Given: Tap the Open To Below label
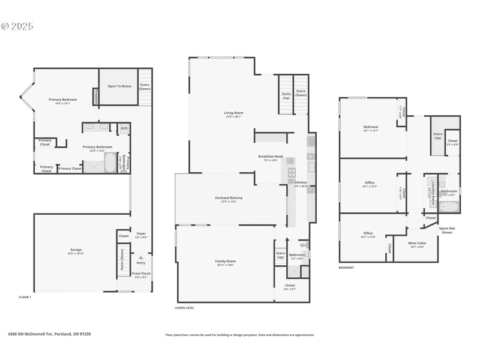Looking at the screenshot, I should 119,86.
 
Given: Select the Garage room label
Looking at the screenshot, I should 76,250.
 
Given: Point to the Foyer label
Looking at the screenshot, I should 142,234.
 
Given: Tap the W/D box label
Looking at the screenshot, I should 124,128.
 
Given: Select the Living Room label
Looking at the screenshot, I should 233,113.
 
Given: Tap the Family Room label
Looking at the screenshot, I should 225,262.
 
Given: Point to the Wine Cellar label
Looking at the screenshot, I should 416,244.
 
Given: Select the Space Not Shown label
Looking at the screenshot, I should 446,230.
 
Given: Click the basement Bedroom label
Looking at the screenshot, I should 371,127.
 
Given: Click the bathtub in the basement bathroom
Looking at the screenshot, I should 448,208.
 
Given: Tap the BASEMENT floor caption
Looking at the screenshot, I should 346,268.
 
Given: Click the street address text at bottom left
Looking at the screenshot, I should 49,334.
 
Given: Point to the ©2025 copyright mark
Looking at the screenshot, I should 17,26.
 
